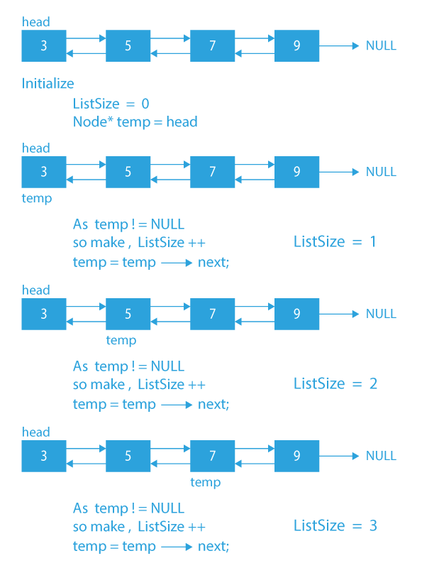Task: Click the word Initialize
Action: tap(48, 84)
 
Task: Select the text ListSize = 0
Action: tap(111, 104)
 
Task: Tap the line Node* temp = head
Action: tap(135, 122)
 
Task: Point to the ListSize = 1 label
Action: tap(335, 241)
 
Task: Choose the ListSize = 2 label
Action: tap(335, 384)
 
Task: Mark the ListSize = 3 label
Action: tap(335, 526)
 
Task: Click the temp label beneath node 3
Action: tap(36, 198)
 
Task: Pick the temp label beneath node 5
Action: tap(121, 340)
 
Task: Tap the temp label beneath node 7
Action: tap(205, 482)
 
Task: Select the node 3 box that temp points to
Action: tap(43, 172)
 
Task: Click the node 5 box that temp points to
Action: tap(128, 314)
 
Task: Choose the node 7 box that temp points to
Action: tap(212, 456)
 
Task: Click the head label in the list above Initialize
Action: tap(35, 23)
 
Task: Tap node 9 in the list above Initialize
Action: tap(296, 45)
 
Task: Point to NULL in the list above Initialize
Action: tap(381, 46)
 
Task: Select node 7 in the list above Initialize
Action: tap(212, 45)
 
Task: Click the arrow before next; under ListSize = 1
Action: tap(177, 263)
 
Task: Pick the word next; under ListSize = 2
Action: tap(213, 405)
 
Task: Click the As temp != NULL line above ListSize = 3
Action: tap(128, 508)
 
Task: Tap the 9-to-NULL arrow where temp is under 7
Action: tap(340, 456)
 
